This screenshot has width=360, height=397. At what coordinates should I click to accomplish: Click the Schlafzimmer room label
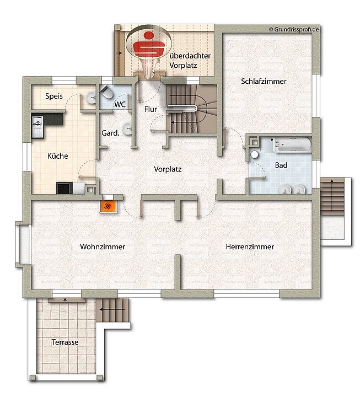[x=264, y=82]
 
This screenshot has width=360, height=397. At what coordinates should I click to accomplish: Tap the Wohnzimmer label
[x=102, y=247]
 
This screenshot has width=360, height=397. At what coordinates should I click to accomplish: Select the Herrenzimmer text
[x=250, y=247]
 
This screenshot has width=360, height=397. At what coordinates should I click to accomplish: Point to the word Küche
[x=57, y=156]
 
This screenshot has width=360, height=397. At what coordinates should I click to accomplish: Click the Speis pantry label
[x=53, y=96]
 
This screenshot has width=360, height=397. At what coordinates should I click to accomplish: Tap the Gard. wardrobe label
[x=111, y=133]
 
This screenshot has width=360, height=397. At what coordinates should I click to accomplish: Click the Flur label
[x=151, y=109]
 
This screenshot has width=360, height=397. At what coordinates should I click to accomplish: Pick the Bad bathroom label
[x=281, y=165]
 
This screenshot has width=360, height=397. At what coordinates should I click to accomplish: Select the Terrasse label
[x=65, y=342]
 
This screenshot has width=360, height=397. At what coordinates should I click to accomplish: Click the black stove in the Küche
[x=63, y=188]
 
